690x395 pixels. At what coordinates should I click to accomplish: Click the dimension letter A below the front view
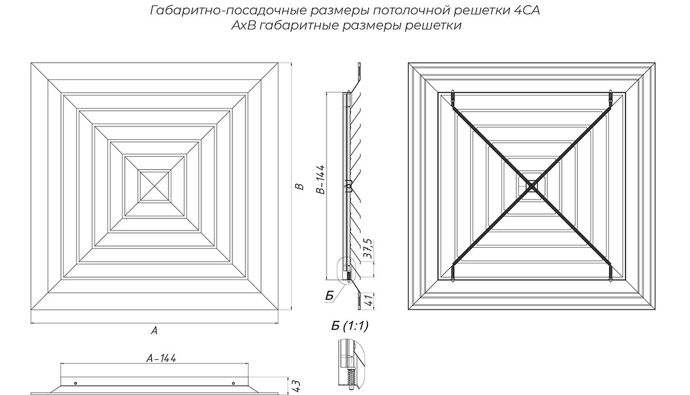click(154, 331)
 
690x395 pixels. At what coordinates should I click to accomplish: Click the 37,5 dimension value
click(367, 251)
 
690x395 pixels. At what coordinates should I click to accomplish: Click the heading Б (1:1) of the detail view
click(350, 327)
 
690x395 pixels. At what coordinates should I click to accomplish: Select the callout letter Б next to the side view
click(329, 296)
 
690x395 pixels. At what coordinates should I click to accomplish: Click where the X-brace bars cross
click(532, 186)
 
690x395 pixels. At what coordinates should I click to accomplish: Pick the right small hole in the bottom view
click(232, 384)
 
